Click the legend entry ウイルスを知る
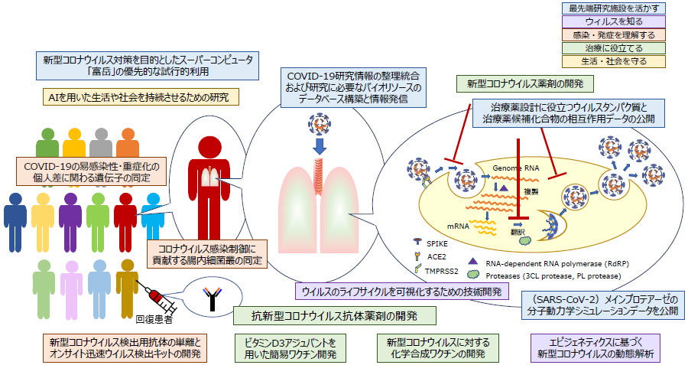pyautogui.click(x=614, y=21)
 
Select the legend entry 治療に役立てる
pyautogui.click(x=614, y=47)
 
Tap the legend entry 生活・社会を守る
pyautogui.click(x=614, y=60)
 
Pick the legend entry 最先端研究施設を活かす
pyautogui.click(x=614, y=8)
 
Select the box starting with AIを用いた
pyautogui.click(x=141, y=96)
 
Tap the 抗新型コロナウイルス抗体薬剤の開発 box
pyautogui.click(x=335, y=315)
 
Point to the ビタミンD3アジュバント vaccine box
pyautogui.click(x=290, y=347)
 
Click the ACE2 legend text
pyautogui.click(x=438, y=256)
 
